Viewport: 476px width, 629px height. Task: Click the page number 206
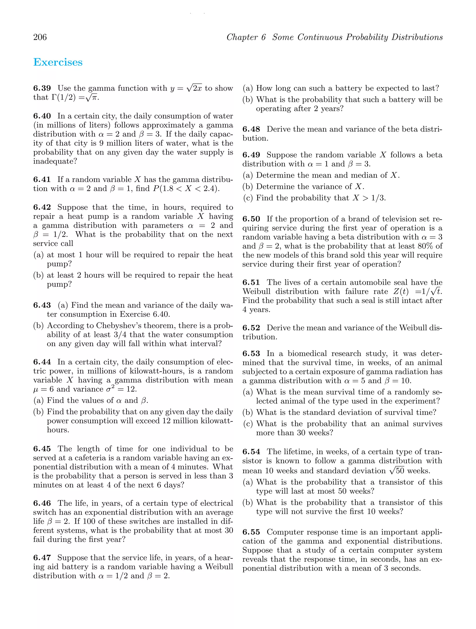point(40,37)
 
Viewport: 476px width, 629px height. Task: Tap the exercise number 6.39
point(42,88)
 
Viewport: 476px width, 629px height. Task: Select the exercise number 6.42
point(42,207)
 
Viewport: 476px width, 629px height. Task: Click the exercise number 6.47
point(42,558)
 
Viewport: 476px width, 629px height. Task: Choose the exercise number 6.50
point(251,219)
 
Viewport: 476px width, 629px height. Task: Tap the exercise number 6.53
point(251,354)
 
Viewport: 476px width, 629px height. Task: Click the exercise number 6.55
point(251,532)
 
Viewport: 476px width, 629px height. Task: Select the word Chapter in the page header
point(246,37)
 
